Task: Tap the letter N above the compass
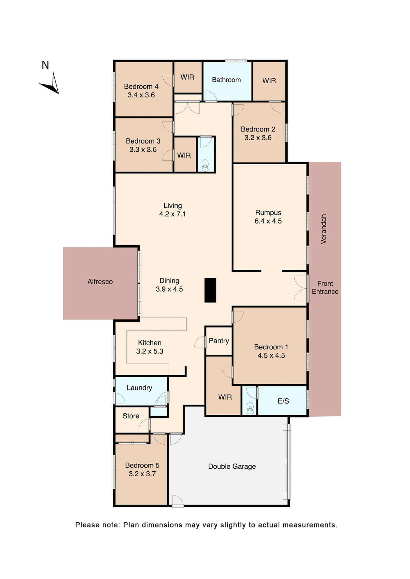tap(45, 65)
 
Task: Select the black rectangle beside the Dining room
tap(210, 290)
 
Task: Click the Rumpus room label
tap(268, 213)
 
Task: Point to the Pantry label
tap(219, 341)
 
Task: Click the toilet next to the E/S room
tap(250, 409)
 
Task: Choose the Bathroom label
tap(226, 80)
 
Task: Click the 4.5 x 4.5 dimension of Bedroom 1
tap(271, 356)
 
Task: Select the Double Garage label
tap(232, 467)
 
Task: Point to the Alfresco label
tap(100, 282)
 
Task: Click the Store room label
tap(131, 416)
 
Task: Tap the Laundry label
tap(139, 388)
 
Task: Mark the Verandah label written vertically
tap(323, 229)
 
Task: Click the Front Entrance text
tap(325, 287)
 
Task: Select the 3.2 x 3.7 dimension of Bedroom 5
tap(142, 474)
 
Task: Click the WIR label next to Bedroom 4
tap(187, 77)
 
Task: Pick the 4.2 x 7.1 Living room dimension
tap(172, 214)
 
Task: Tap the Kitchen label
tap(149, 343)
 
